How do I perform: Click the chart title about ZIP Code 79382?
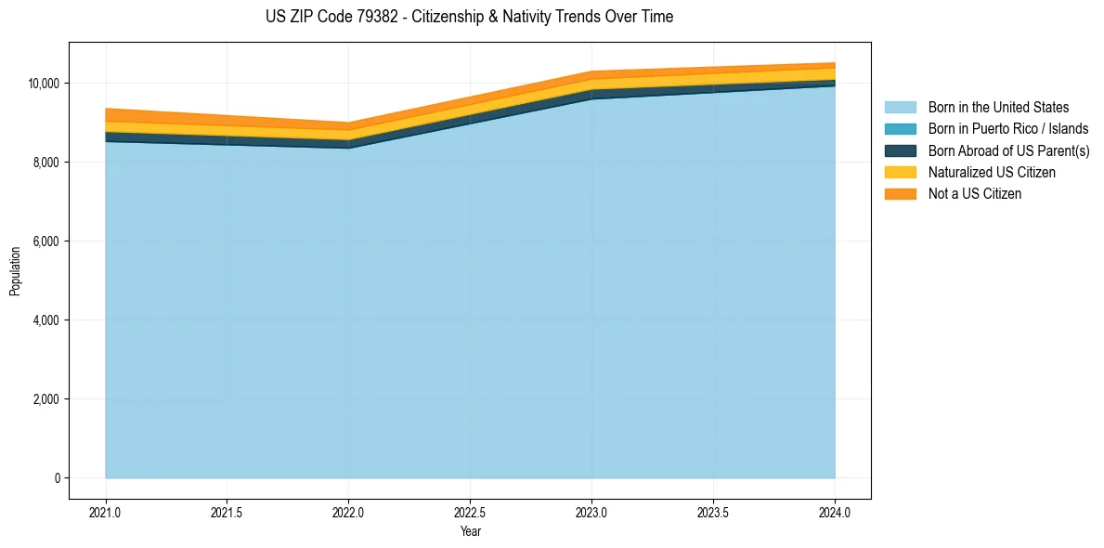469,17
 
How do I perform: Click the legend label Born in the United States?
998,108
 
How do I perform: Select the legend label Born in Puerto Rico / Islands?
1007,129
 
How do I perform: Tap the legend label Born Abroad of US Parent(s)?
1008,150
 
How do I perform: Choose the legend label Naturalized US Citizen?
992,172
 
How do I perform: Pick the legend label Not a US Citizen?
975,193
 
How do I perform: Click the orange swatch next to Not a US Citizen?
900,193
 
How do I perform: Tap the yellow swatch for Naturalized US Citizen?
900,172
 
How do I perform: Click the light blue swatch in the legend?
900,108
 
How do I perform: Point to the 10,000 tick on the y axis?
44,84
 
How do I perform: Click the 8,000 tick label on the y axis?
46,163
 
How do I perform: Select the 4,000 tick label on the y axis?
46,320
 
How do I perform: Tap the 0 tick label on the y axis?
58,478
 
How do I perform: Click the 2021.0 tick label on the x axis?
106,512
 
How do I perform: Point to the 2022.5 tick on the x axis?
471,512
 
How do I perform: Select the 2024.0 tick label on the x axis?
835,512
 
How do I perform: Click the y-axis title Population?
15,271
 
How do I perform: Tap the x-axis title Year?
471,531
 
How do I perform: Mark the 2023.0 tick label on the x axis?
591,512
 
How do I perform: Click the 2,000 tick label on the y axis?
46,399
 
